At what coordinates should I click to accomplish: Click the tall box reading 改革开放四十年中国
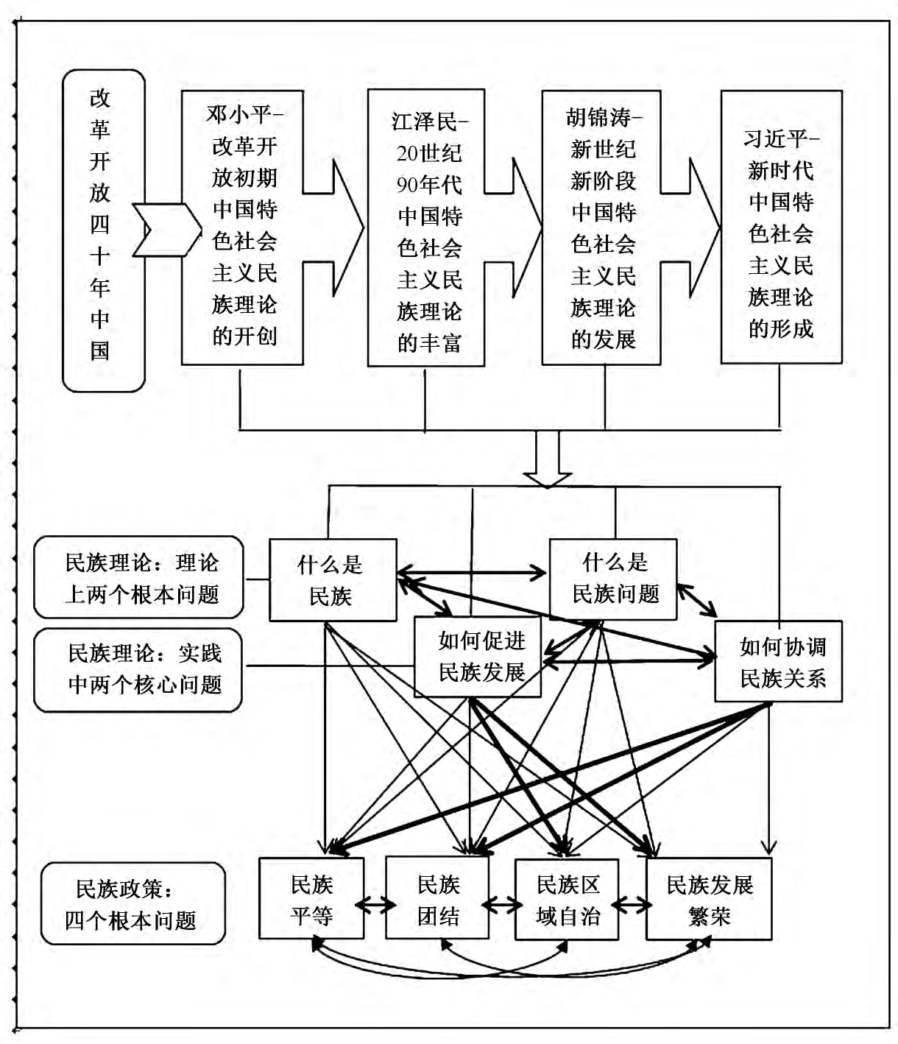click(103, 230)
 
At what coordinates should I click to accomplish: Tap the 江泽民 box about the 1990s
click(426, 228)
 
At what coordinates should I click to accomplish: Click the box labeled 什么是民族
click(332, 579)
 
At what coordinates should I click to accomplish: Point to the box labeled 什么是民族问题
click(613, 578)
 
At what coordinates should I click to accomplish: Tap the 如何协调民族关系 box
click(779, 661)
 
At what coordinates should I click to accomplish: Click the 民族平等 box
click(311, 899)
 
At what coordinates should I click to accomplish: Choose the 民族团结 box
click(437, 899)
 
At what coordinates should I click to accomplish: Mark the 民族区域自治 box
click(566, 899)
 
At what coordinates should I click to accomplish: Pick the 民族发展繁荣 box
click(709, 899)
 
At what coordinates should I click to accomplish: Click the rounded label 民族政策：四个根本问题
click(133, 903)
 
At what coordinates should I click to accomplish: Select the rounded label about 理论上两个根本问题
click(138, 577)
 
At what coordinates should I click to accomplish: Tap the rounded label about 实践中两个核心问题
click(138, 669)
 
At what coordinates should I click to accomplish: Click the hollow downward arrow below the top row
click(547, 459)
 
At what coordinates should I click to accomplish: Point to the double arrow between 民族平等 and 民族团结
click(375, 904)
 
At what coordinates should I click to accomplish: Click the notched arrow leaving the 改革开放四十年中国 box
click(166, 230)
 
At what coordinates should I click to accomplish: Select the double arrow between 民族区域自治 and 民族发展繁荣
click(632, 904)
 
